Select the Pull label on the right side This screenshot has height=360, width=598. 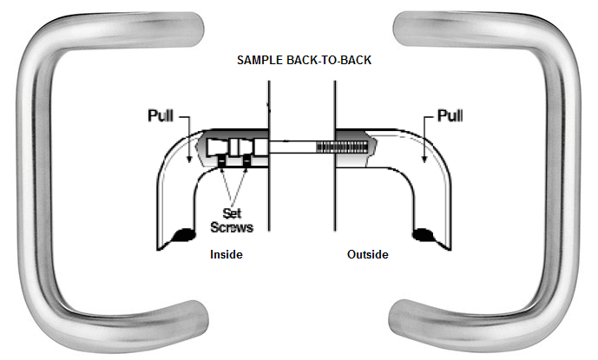450,115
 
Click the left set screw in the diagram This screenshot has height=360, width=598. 222,162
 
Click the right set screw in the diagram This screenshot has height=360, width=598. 247,162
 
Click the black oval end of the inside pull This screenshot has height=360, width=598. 183,233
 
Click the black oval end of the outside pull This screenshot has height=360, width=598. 424,233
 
